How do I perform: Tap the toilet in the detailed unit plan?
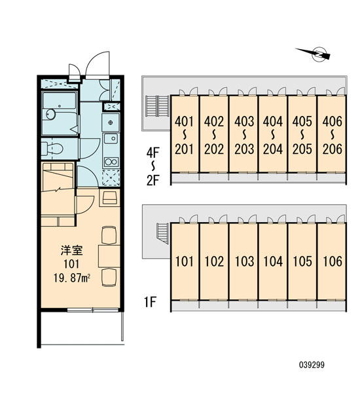52,149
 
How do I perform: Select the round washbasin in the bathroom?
50,115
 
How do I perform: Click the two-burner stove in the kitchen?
111,162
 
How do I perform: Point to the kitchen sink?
111,139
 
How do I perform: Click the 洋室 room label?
71,250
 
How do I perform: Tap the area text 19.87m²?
72,278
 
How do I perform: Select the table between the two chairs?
109,256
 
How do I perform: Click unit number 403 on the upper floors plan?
244,122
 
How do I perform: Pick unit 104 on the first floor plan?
273,261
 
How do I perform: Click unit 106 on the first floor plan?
333,261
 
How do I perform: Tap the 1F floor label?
150,302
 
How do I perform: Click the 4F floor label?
153,152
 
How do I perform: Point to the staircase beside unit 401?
157,106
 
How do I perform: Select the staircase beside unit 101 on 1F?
162,233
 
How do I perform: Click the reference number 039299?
312,365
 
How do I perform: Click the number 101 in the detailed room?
71,264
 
